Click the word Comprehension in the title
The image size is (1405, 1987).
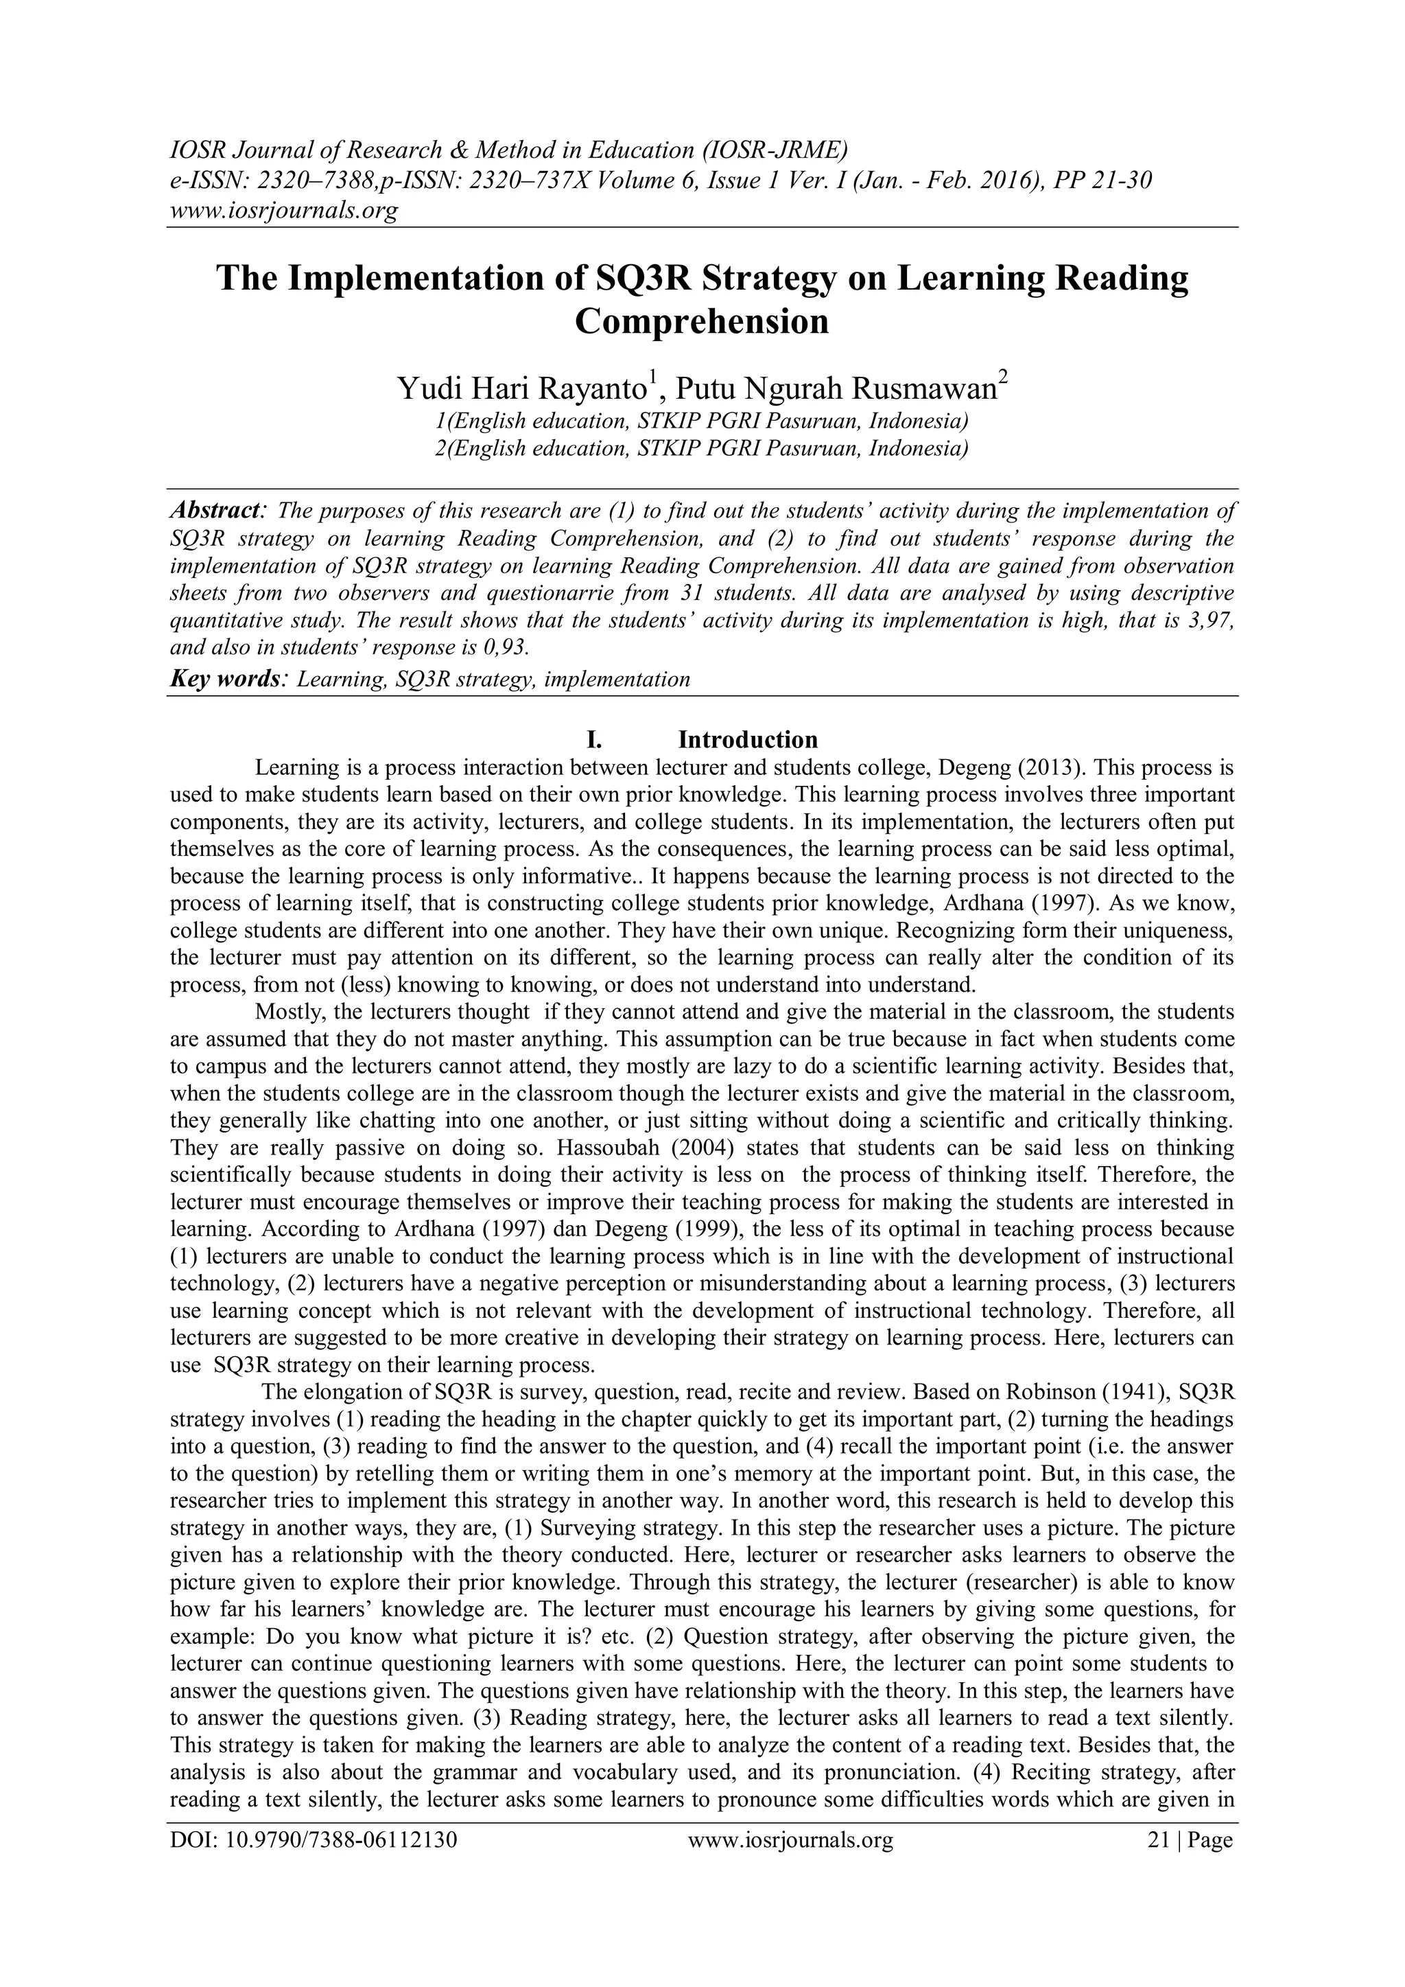(702, 323)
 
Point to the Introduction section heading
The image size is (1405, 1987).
(748, 740)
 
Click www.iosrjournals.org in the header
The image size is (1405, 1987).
(283, 210)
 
